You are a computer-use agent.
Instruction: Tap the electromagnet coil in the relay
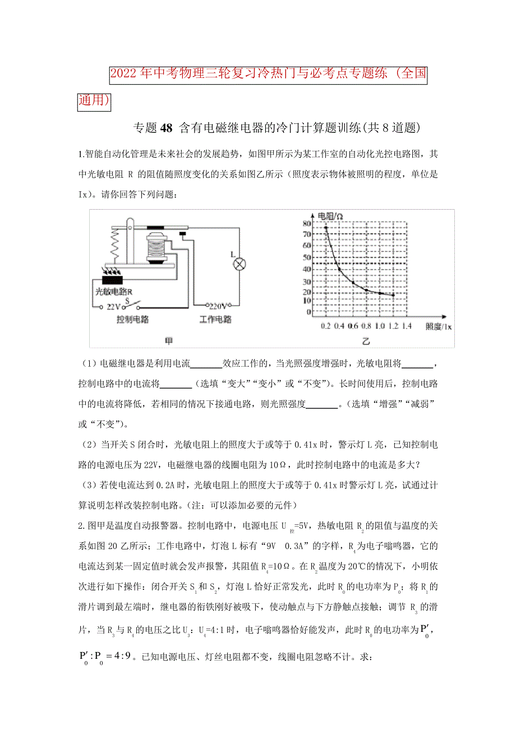[x=155, y=246]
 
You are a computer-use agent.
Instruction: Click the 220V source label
[x=217, y=307]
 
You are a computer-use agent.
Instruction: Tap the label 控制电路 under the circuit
[x=132, y=320]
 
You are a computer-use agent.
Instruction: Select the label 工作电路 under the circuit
[x=215, y=320]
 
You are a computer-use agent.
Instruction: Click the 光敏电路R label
[x=113, y=292]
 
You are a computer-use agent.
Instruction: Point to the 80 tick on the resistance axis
[x=307, y=223]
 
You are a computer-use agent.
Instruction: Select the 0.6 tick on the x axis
[x=353, y=326]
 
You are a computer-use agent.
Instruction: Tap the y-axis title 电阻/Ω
[x=330, y=216]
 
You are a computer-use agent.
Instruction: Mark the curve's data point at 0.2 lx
[x=326, y=228]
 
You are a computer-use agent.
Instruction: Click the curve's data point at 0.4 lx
[x=339, y=269]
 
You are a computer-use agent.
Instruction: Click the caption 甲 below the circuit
[x=168, y=340]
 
